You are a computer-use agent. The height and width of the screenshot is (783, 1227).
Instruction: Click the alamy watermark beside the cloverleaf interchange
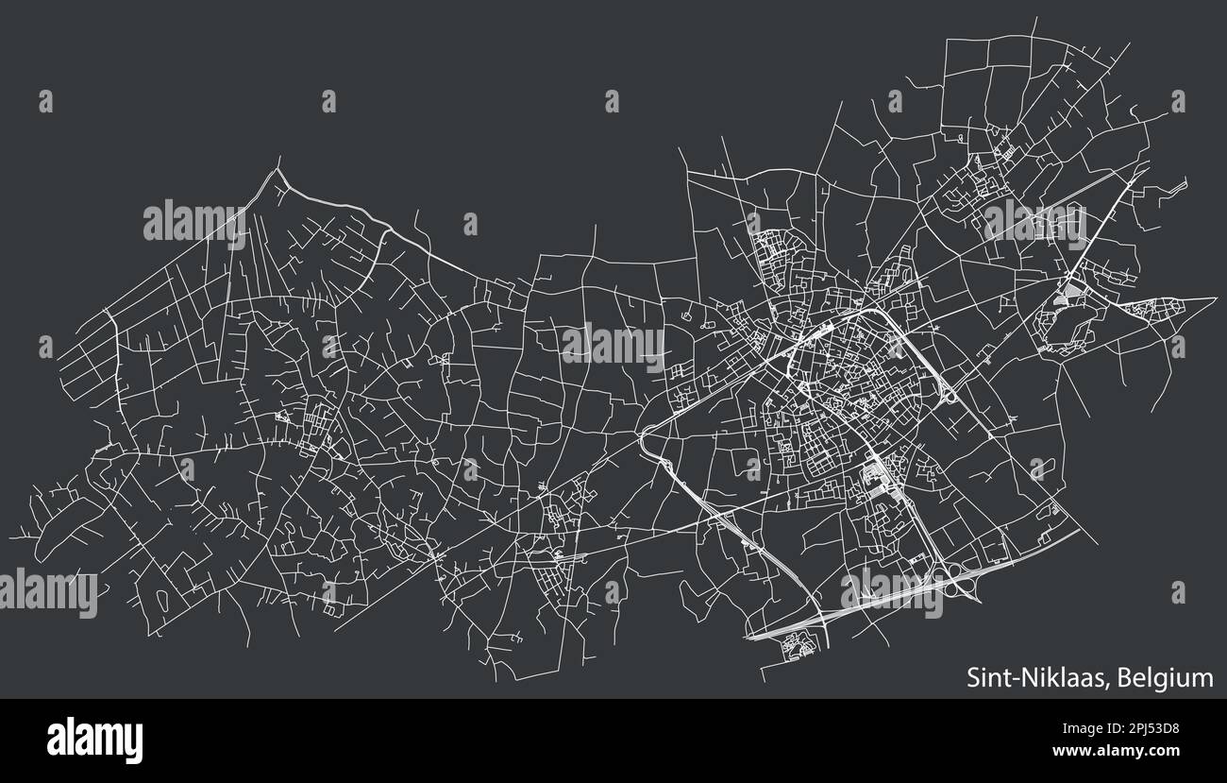(x=891, y=593)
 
